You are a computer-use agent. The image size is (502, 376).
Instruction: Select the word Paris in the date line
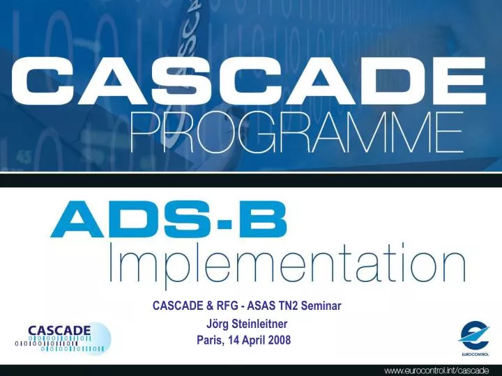point(211,340)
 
